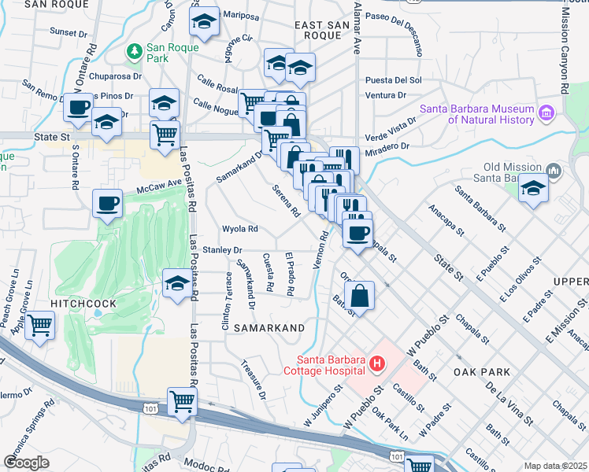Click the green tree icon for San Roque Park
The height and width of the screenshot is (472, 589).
click(x=135, y=51)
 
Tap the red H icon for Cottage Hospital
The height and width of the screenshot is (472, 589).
click(x=377, y=363)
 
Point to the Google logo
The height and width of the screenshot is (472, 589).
click(x=26, y=463)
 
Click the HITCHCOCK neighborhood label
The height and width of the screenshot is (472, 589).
click(x=83, y=303)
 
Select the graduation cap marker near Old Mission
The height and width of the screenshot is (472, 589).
click(x=533, y=188)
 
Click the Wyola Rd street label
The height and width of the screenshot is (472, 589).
click(x=240, y=230)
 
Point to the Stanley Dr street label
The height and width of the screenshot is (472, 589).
click(x=222, y=250)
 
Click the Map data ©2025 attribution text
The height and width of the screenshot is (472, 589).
click(x=555, y=466)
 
